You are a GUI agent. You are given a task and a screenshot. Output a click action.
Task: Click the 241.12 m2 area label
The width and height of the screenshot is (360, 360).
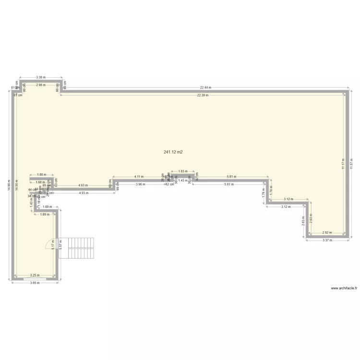coord(173,152)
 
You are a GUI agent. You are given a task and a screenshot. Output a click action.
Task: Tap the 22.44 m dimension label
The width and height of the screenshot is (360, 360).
coord(205,88)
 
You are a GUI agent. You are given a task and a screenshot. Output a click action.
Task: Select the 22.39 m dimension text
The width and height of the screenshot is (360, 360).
coord(204,95)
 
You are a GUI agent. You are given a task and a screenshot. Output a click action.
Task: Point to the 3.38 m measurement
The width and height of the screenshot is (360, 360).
coord(41,77)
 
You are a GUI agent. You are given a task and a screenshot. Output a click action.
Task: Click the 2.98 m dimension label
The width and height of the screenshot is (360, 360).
coord(41,85)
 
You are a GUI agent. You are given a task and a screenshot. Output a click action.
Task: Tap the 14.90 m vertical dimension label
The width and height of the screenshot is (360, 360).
coord(9,185)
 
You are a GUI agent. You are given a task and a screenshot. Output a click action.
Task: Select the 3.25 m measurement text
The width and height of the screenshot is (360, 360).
coord(35,276)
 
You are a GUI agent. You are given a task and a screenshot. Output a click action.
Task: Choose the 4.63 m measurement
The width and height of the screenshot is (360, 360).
coord(82,185)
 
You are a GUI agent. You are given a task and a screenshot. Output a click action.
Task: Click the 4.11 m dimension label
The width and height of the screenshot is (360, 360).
coord(139,177)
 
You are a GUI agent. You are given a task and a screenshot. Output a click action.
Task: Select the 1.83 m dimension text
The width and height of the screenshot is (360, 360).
coord(182,171)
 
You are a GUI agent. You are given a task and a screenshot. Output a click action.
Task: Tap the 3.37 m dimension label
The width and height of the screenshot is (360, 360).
coord(327,240)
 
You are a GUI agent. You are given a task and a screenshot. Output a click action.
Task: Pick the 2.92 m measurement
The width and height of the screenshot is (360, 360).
coord(326,232)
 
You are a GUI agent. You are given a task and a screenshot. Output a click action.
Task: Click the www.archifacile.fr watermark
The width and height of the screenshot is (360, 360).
coord(345,288)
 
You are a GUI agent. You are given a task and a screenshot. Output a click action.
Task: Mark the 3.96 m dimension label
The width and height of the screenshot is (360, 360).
coord(140,184)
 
